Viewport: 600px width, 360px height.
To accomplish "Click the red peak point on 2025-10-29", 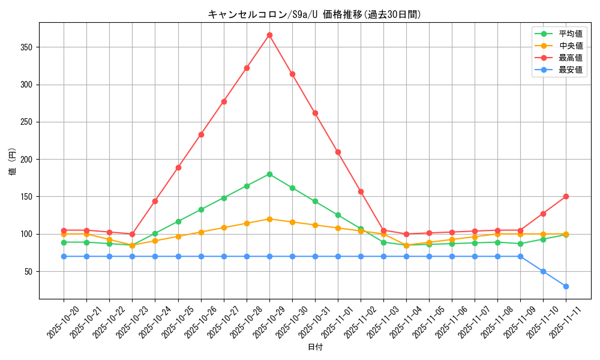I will point(269,35).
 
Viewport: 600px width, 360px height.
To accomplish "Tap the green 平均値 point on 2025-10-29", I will point(269,174).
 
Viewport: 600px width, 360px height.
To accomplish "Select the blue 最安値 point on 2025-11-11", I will point(566,286).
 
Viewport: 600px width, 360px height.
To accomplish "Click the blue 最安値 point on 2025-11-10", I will point(543,271).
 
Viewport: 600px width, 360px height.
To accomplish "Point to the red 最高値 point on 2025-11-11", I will point(566,196).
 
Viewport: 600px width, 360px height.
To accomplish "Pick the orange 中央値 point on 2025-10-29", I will point(269,219).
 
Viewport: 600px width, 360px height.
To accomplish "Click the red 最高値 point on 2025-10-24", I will point(155,201).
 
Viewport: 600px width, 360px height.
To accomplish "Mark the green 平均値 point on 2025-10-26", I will point(201,209).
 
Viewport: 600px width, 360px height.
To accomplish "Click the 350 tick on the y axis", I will point(29,47).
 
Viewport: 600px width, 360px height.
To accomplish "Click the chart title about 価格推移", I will point(314,14).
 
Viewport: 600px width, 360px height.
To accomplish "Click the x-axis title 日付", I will point(315,347).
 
